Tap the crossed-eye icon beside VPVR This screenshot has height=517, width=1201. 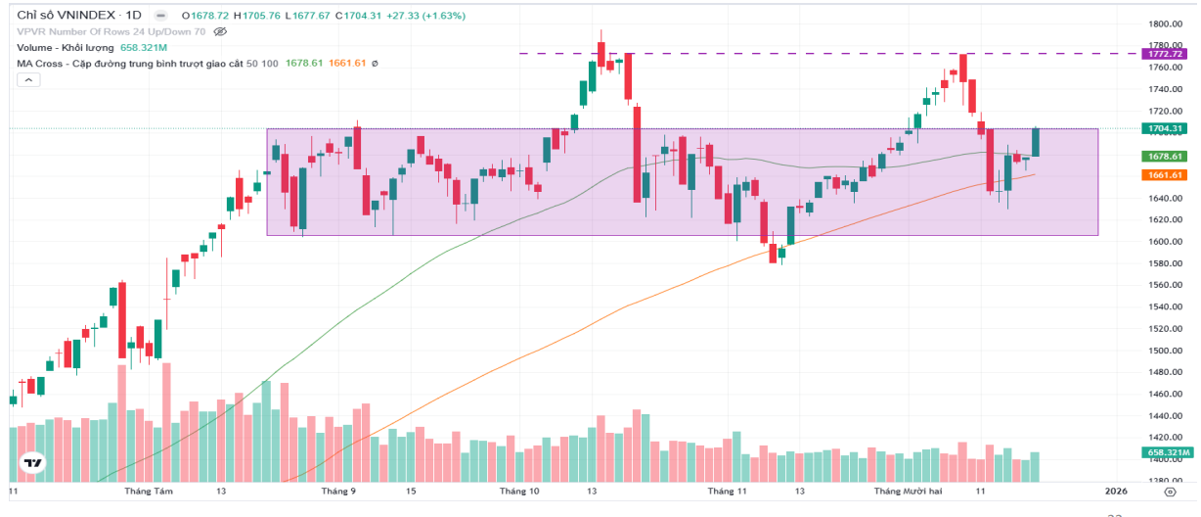point(220,31)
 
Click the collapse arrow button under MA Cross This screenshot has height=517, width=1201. point(27,81)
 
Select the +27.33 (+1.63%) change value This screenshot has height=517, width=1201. point(427,16)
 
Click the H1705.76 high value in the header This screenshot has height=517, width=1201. point(254,16)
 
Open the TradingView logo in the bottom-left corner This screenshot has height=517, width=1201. point(33,463)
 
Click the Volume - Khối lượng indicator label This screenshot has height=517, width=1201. point(67,47)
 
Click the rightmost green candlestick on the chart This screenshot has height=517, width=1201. point(1036,142)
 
